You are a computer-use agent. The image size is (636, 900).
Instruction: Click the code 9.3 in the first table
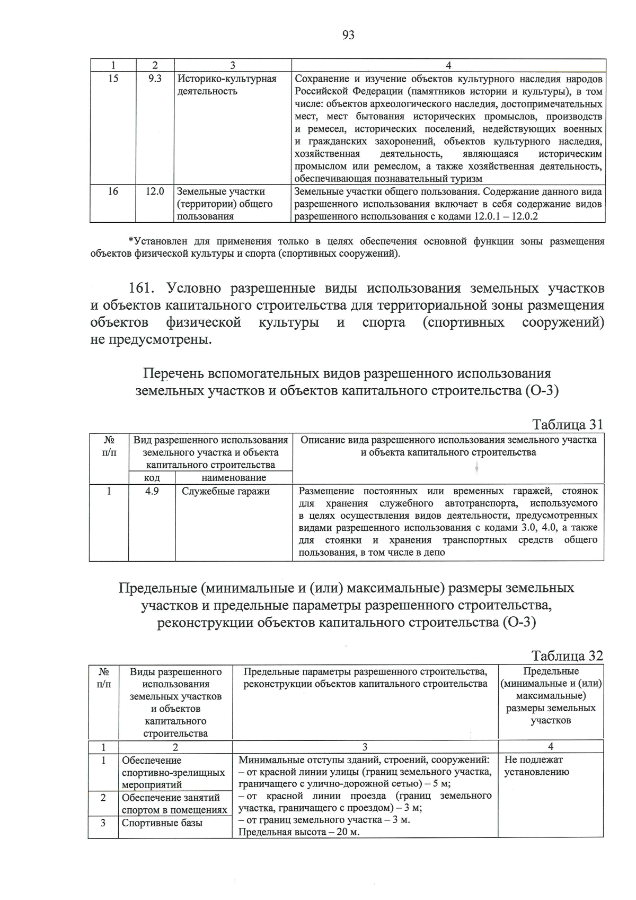click(x=155, y=79)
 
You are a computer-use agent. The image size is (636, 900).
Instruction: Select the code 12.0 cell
click(x=155, y=191)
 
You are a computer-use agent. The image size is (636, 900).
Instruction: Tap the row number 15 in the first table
click(x=113, y=79)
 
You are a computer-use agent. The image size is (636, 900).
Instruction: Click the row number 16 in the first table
click(x=113, y=191)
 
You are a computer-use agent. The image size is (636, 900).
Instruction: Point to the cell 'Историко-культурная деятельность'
click(x=227, y=85)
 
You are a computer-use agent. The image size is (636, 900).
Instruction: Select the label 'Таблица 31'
click(x=568, y=425)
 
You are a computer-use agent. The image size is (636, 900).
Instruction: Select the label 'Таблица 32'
click(x=568, y=656)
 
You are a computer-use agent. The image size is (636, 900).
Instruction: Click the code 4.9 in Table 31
click(x=152, y=491)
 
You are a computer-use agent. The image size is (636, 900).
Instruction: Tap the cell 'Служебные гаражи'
click(x=226, y=491)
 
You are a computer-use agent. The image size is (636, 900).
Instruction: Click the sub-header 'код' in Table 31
click(x=152, y=478)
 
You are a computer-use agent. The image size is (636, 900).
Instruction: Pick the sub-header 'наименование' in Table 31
click(x=234, y=478)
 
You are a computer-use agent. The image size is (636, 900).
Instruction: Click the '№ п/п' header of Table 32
click(x=104, y=678)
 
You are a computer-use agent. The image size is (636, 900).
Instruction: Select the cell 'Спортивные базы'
click(x=162, y=823)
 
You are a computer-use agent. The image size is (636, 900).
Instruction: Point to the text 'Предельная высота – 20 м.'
click(x=299, y=832)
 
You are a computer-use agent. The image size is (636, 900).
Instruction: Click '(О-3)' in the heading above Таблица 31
click(x=542, y=391)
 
